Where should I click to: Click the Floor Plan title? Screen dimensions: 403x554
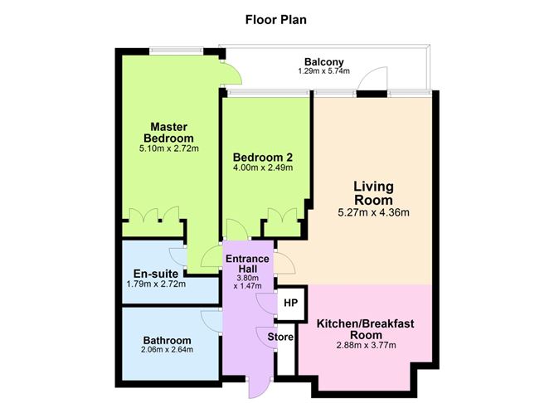pos(276,17)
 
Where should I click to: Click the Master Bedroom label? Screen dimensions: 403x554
pos(168,132)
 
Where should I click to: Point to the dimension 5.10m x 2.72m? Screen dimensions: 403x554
pos(168,149)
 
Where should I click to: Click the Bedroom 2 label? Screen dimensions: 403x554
pos(262,157)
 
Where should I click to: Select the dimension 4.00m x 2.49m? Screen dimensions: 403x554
pos(262,168)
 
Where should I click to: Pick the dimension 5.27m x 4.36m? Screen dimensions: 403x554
pos(373,212)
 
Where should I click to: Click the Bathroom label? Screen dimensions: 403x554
pos(167,340)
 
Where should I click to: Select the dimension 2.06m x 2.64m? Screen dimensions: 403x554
pos(167,352)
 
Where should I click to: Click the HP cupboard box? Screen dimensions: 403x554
pos(290,303)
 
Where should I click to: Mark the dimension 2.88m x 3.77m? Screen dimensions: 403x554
pos(364,346)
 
